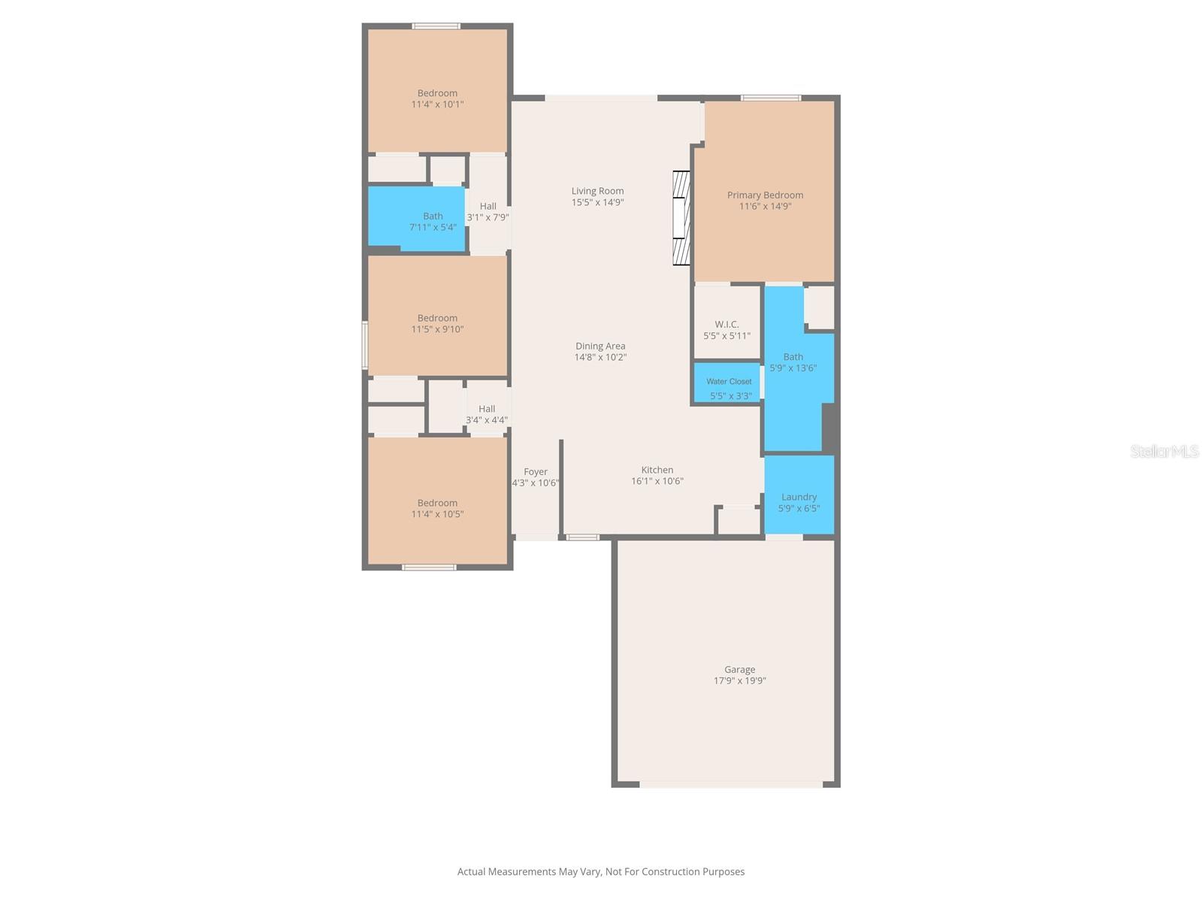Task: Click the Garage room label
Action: [739, 670]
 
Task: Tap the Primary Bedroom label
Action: [765, 195]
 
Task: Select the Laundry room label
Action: [799, 497]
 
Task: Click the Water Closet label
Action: [729, 382]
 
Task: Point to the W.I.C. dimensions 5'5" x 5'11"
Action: [726, 336]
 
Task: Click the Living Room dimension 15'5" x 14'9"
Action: [597, 202]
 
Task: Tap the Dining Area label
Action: [600, 347]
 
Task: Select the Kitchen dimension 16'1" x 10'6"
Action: [657, 481]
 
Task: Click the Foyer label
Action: [536, 472]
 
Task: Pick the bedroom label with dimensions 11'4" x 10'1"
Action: [437, 94]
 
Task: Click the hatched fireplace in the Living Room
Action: [681, 218]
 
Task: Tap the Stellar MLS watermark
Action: [1164, 452]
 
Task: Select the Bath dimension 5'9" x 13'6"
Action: [793, 368]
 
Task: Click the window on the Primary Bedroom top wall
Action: [770, 98]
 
